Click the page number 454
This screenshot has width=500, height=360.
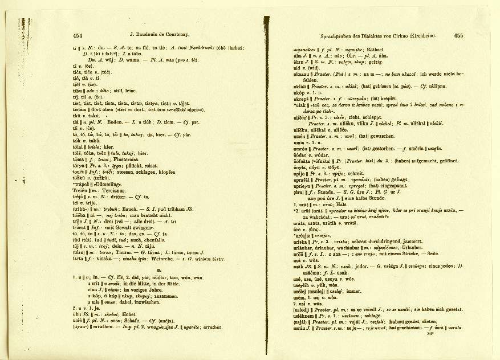(x=78, y=35)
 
